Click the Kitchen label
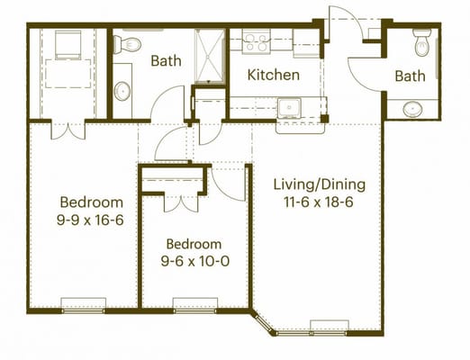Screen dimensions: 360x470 (274, 75)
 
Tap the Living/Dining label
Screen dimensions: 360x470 (320, 184)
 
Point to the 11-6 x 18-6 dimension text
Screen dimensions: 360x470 (320, 205)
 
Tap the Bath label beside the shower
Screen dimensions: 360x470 (166, 61)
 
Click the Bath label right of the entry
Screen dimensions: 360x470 (410, 76)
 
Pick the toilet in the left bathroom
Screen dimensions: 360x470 (127, 44)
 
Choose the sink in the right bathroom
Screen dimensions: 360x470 (412, 109)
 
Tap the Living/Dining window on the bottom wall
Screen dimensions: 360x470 (330, 326)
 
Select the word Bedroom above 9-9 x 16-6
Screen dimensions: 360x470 (91, 202)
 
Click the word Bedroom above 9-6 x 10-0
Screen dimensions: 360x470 (194, 244)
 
